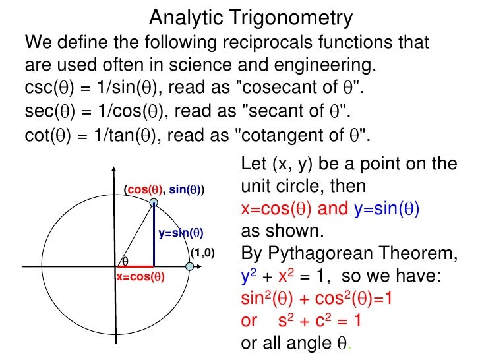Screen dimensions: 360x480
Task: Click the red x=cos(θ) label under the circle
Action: click(140, 277)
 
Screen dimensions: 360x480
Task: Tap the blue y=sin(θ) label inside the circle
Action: click(181, 233)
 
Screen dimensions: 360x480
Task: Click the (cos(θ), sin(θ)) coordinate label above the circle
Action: click(165, 189)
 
